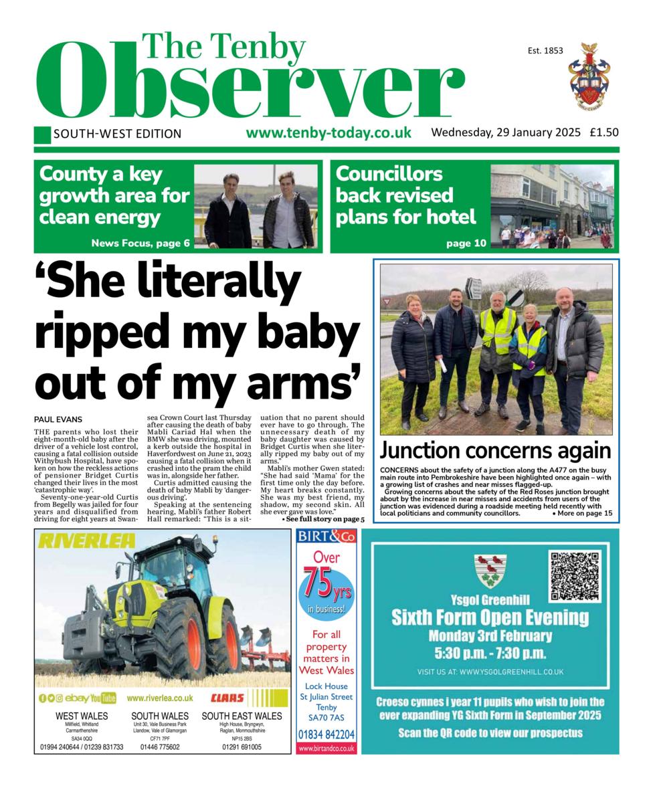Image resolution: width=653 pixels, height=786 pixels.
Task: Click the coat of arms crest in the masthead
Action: click(x=589, y=75)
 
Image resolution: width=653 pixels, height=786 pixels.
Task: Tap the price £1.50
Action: click(x=603, y=132)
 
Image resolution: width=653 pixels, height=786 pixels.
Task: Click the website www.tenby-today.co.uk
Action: click(x=329, y=132)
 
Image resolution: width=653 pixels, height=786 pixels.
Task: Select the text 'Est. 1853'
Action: click(x=545, y=50)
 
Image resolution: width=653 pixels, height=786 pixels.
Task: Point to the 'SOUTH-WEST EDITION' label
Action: click(x=117, y=134)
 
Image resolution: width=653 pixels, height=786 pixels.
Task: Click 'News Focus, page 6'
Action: click(x=141, y=243)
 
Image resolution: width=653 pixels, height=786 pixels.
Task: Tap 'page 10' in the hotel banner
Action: click(x=466, y=243)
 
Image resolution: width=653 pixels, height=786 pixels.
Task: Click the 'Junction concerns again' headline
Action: click(x=495, y=450)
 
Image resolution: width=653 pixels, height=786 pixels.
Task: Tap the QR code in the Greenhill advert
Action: click(x=574, y=575)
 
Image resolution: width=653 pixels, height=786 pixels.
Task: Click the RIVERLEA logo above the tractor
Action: click(x=87, y=541)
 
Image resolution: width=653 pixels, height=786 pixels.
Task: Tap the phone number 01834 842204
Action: click(x=326, y=734)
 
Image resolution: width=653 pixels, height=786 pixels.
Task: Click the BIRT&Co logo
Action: click(x=326, y=536)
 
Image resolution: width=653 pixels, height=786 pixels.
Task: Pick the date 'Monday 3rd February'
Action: click(x=490, y=635)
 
